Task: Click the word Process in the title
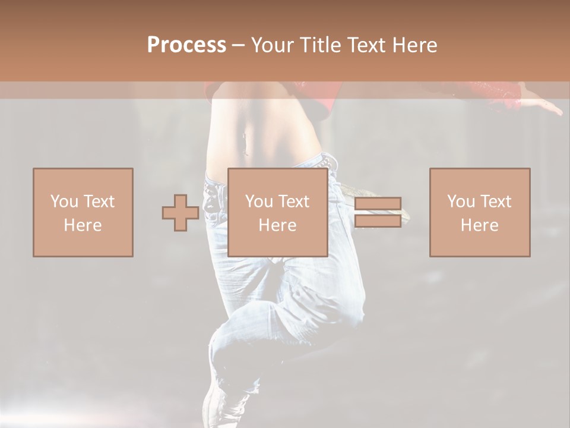186,45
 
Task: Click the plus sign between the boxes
180,213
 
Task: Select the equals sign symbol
378,212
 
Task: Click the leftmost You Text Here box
83,212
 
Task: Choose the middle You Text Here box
277,212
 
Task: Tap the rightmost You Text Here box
479,212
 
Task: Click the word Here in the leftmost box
83,225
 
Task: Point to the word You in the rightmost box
460,202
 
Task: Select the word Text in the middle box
294,202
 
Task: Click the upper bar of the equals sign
378,204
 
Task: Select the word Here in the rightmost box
479,225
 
